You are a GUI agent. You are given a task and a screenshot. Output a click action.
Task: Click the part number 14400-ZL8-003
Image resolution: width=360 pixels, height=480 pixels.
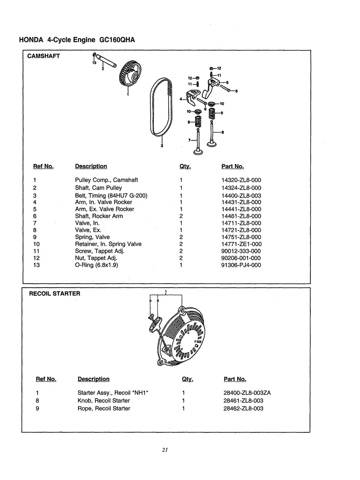click(241, 195)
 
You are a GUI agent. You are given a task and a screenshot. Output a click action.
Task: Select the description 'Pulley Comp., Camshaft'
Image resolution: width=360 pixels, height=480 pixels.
click(106, 180)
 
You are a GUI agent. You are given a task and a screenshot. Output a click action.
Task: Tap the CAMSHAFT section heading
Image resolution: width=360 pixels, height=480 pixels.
click(43, 56)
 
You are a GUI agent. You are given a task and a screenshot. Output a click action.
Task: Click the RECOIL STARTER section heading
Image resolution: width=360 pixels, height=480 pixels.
click(54, 294)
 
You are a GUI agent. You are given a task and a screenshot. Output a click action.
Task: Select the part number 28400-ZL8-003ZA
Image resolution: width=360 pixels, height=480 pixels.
click(247, 393)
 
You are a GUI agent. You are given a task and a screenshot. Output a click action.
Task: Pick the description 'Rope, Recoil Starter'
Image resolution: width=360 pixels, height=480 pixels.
click(104, 408)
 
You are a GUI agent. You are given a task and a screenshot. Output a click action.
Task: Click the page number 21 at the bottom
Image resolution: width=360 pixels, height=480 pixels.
click(165, 450)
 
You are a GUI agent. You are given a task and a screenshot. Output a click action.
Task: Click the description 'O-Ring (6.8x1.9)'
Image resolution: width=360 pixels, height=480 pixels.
click(97, 265)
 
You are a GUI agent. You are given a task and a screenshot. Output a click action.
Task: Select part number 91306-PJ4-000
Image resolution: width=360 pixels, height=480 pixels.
click(241, 265)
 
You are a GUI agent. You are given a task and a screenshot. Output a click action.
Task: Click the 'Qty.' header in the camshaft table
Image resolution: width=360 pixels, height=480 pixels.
click(185, 166)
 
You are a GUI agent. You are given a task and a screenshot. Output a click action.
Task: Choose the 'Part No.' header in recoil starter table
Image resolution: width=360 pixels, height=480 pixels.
click(235, 379)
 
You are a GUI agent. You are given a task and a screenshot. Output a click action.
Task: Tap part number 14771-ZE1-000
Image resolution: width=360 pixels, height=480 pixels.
click(241, 244)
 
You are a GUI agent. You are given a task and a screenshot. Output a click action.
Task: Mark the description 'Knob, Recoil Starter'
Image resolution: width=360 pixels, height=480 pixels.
click(103, 401)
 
